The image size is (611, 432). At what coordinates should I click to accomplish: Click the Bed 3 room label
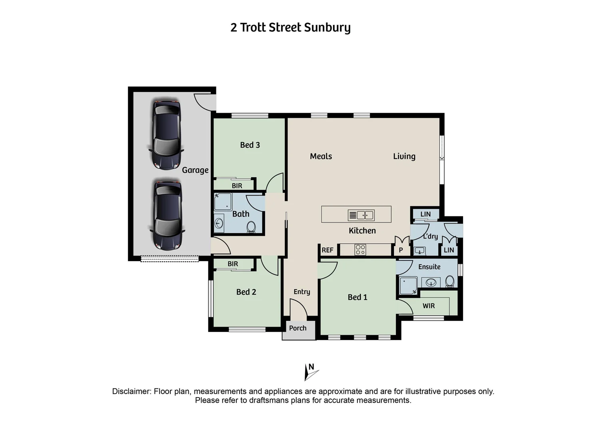(250, 145)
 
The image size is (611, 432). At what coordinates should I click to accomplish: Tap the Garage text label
(195, 170)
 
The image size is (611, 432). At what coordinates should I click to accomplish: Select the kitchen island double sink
(361, 215)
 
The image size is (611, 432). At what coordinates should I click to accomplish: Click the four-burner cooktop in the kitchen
(360, 250)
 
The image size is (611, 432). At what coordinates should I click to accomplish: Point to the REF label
(327, 250)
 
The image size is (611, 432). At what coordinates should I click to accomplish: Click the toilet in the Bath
(251, 227)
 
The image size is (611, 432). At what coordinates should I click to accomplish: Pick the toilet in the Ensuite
(450, 281)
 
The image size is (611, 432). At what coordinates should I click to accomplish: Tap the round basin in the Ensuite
(431, 282)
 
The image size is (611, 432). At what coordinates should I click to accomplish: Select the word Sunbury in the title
(327, 28)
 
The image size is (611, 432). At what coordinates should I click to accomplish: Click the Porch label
(298, 328)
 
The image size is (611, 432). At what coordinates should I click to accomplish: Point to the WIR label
(429, 306)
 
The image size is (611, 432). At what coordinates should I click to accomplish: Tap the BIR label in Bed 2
(233, 264)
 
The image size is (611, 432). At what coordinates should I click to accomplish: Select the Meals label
(321, 156)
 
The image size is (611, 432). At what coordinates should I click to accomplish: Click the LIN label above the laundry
(425, 214)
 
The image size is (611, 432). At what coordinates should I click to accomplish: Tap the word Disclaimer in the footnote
(131, 391)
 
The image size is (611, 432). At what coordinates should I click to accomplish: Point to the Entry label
(302, 292)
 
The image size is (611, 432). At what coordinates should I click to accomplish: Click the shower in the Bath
(222, 202)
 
